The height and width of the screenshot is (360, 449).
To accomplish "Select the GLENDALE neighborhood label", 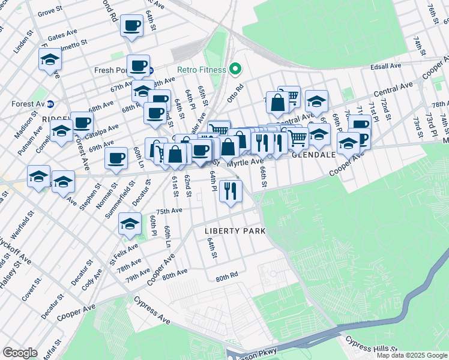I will pos(313,154).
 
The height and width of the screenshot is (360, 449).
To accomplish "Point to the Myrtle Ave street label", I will pos(245,162).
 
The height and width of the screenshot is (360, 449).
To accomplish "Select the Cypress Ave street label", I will pos(151,307).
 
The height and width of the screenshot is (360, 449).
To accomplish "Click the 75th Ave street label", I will pos(169,211).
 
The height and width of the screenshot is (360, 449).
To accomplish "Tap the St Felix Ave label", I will pos(120,254).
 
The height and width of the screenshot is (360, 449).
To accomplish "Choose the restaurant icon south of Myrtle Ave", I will pos(231,191).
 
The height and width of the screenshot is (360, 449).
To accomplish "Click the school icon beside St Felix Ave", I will pos(129,224).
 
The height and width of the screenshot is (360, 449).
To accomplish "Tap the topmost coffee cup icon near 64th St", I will pos(131,26).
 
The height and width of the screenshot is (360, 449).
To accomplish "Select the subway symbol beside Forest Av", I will pos(51,104).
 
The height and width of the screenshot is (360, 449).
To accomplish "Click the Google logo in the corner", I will pos(20,353).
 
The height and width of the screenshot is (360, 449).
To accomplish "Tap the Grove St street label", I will pos(49,12).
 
